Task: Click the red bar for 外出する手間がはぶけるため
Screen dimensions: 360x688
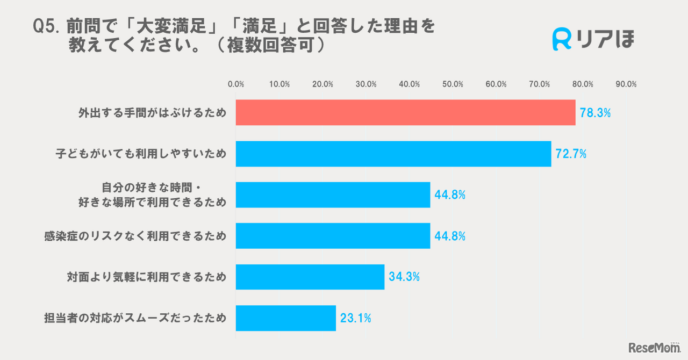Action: point(405,113)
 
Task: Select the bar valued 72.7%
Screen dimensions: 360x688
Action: point(393,154)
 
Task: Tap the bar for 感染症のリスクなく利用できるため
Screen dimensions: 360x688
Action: point(333,236)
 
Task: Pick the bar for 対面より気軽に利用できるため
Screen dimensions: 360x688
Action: point(310,277)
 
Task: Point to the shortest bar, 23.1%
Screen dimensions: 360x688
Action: point(285,318)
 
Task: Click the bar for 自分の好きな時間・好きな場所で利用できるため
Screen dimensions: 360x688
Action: point(333,195)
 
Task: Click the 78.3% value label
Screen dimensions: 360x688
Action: point(596,113)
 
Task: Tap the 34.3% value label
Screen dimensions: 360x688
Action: point(404,277)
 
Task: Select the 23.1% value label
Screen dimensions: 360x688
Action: point(356,318)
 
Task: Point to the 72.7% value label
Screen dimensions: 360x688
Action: point(571,154)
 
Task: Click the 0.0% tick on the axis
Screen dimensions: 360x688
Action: point(236,84)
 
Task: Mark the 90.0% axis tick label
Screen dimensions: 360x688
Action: point(626,84)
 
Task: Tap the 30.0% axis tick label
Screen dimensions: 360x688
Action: point(366,84)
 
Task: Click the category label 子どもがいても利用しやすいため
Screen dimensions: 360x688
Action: point(141,154)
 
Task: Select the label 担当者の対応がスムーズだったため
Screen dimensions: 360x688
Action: point(135,318)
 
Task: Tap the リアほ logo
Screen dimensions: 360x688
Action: point(593,40)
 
